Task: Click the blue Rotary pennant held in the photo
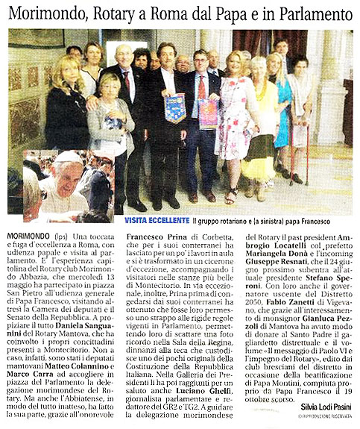pyautogui.click(x=175, y=107)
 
